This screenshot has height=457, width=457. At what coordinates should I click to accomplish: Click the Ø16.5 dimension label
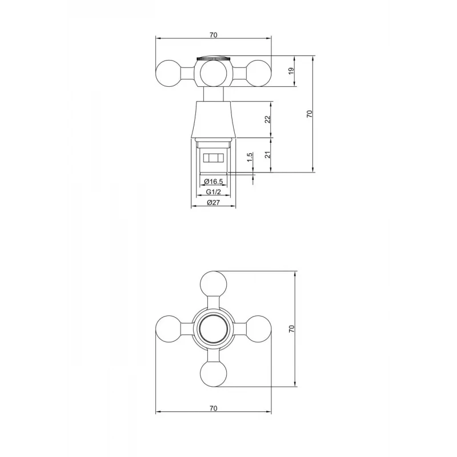213,182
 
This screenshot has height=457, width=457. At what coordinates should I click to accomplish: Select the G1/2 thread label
213,192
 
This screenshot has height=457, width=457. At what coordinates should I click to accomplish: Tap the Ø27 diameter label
213,203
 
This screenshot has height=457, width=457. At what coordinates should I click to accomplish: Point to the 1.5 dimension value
250,158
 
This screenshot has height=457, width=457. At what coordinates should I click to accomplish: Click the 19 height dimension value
291,71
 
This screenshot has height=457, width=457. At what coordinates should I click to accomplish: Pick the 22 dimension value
267,119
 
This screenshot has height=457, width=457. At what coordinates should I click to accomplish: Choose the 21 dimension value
267,154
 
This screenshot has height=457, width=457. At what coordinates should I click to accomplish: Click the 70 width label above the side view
213,35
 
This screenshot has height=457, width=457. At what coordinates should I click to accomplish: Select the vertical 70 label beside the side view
310,114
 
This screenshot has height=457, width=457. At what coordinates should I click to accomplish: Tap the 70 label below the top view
213,408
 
